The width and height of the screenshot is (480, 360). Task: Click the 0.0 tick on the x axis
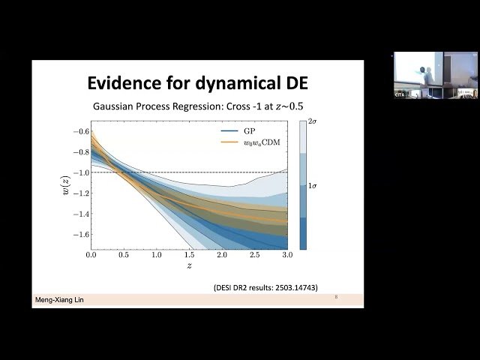(91, 256)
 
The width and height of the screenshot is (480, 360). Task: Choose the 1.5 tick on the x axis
(190, 256)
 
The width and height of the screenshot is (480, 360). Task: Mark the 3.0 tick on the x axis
(287, 256)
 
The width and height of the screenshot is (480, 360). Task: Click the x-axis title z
(189, 266)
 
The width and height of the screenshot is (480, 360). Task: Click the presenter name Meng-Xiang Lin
(59, 300)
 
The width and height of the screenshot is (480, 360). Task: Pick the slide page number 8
(336, 298)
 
